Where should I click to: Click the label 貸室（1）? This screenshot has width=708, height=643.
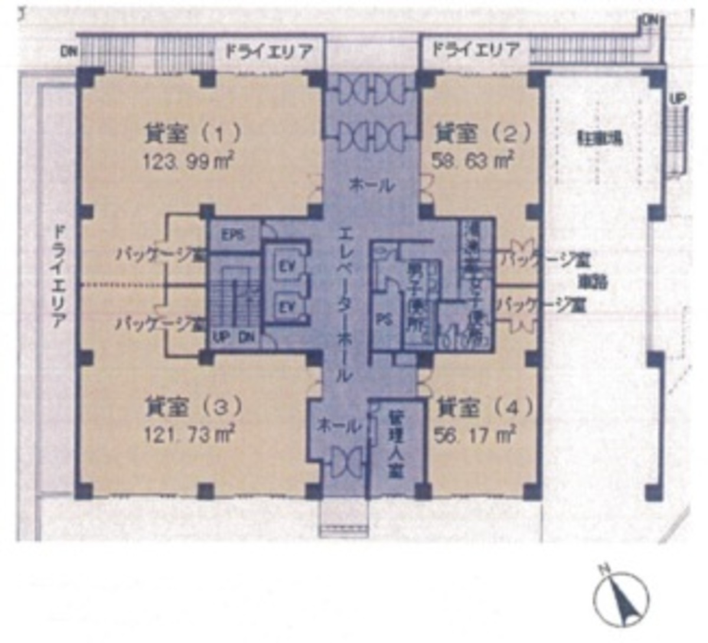[192, 133]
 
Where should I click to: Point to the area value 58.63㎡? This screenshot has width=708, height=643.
[472, 159]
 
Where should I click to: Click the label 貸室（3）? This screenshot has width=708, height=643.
[193, 407]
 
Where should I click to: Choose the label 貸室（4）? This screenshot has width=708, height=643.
[484, 407]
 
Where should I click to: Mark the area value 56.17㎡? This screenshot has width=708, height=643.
[475, 435]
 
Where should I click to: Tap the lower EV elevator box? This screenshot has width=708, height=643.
[287, 307]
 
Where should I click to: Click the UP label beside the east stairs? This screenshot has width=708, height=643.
[678, 99]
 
